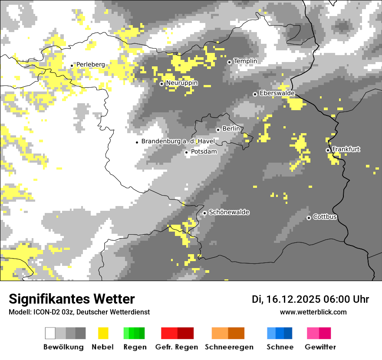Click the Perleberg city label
click(x=90, y=65)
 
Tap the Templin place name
click(x=245, y=61)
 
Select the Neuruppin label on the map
click(x=182, y=83)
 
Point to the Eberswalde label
click(x=277, y=93)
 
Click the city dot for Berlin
click(x=218, y=130)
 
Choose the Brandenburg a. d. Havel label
click(x=178, y=141)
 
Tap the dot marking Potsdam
click(x=186, y=152)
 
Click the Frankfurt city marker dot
click(x=328, y=150)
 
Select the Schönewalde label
click(x=229, y=213)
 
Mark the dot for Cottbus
click(x=309, y=218)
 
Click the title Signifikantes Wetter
click(x=72, y=299)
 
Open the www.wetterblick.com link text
click(x=313, y=312)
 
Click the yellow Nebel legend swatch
click(x=103, y=333)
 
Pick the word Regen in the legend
click(x=134, y=347)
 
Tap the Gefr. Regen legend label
click(x=177, y=347)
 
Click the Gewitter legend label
click(x=320, y=347)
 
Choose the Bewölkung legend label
click(x=63, y=347)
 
